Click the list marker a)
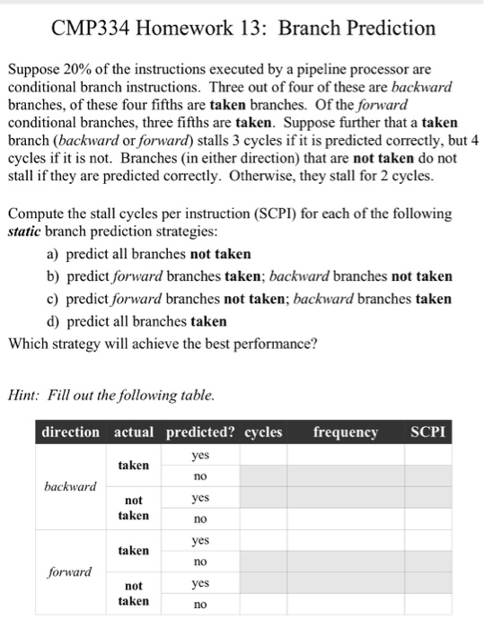[53, 255]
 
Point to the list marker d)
[53, 321]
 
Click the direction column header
[71, 432]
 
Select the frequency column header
[346, 432]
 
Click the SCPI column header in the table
[427, 432]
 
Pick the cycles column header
[264, 432]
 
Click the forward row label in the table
[70, 570]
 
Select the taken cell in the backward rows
[134, 466]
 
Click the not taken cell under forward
[134, 592]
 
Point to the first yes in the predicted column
[200, 455]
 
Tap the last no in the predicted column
[200, 604]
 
